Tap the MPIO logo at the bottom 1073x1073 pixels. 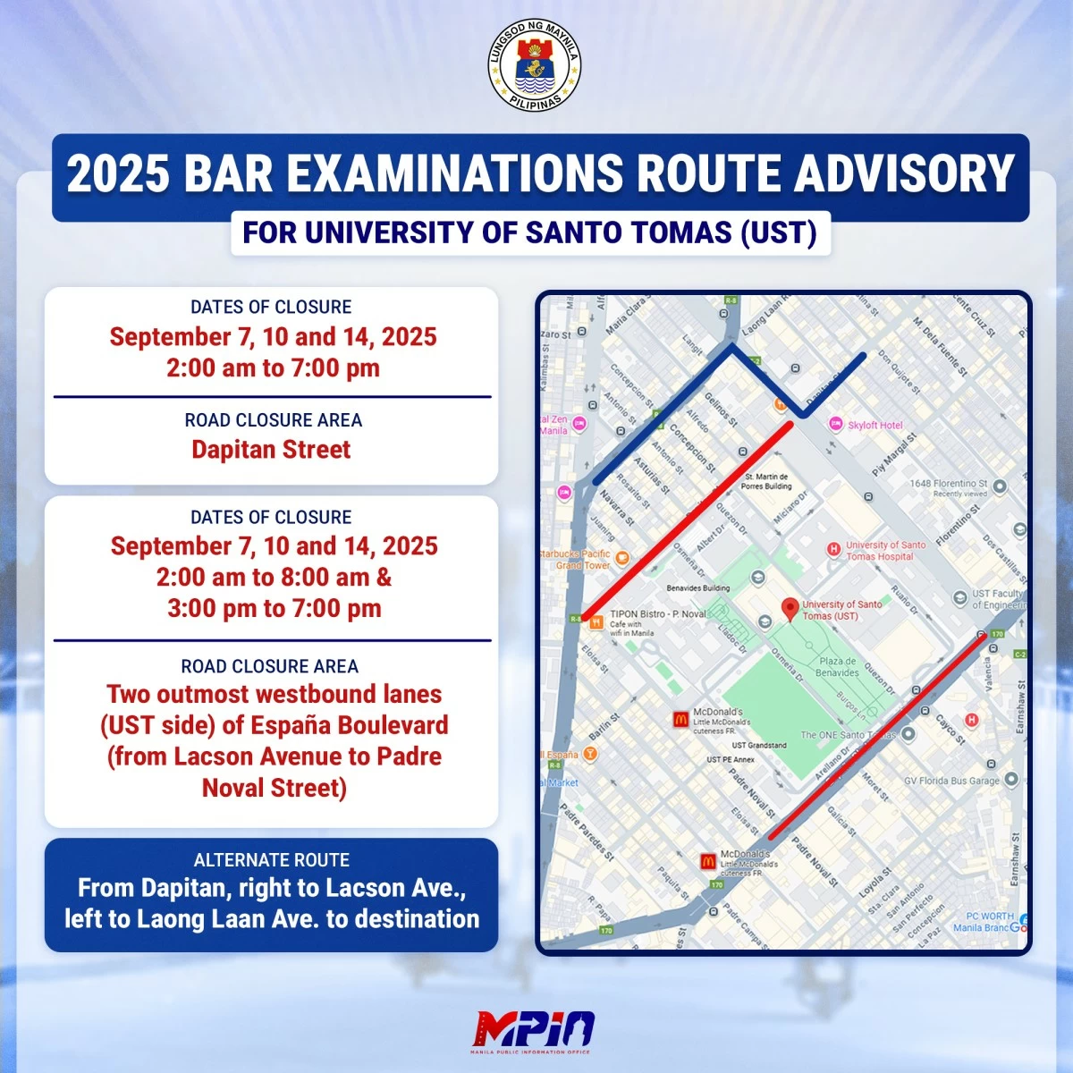pos(535,1029)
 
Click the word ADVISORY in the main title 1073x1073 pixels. pos(903,173)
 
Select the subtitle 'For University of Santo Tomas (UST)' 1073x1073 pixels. pos(530,232)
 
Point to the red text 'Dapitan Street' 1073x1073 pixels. pos(271,450)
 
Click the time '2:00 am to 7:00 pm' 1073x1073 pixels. pos(273,368)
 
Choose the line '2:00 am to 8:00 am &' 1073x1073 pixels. pos(274,578)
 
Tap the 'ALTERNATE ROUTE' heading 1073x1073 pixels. pos(271,860)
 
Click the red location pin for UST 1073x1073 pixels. pos(790,610)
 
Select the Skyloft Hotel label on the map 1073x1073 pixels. pos(874,426)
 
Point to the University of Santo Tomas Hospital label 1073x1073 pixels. pos(885,550)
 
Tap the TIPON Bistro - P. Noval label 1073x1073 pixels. pos(657,614)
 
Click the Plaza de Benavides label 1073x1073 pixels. pos(838,666)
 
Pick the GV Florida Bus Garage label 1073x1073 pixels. pos(951,781)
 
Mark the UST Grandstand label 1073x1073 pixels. pos(759,745)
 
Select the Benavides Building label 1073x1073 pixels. pos(697,588)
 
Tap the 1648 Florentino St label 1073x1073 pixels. pos(948,484)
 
